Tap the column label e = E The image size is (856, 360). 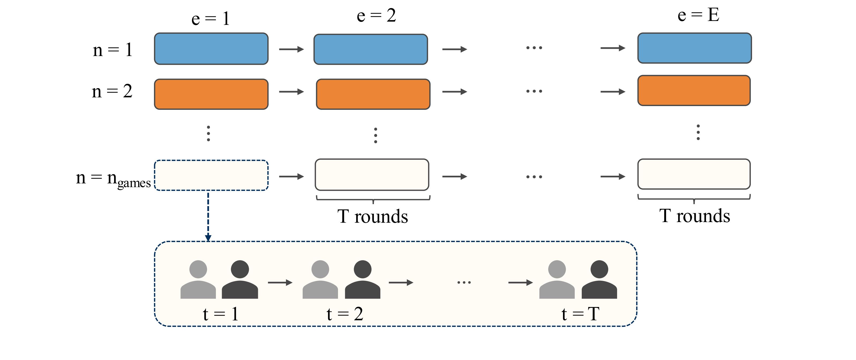coord(698,15)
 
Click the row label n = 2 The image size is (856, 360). coord(112,91)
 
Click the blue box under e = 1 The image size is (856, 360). coord(211,48)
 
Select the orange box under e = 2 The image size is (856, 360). coord(373,94)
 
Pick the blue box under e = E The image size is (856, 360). coord(694,48)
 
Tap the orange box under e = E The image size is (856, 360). coord(694,91)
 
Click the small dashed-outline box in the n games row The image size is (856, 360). coord(211,175)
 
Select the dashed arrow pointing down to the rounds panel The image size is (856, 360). coord(208,216)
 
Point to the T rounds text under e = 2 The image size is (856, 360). coord(373,216)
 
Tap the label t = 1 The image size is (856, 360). coord(221,314)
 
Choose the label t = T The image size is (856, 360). coord(580,314)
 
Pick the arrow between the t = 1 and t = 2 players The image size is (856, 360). coord(280,283)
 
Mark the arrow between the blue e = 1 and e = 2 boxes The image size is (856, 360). coord(291,49)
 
